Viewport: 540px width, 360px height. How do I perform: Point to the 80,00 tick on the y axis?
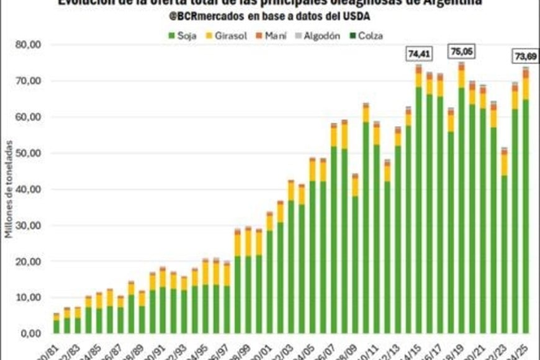pyautogui.click(x=29, y=45)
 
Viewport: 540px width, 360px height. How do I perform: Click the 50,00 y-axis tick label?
pyautogui.click(x=29, y=153)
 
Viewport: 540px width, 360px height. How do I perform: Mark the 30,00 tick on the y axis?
pyautogui.click(x=29, y=226)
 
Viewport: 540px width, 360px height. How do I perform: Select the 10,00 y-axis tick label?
pyautogui.click(x=29, y=298)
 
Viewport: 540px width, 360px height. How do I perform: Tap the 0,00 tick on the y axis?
pyautogui.click(x=32, y=334)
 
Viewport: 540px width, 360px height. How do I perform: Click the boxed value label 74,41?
pyautogui.click(x=418, y=55)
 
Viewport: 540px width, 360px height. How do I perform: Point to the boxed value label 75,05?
pyautogui.click(x=461, y=52)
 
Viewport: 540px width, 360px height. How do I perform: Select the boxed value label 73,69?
pyautogui.click(x=525, y=56)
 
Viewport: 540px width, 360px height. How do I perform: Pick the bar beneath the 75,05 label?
pyautogui.click(x=461, y=199)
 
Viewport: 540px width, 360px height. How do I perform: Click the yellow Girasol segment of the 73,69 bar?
pyautogui.click(x=525, y=89)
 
